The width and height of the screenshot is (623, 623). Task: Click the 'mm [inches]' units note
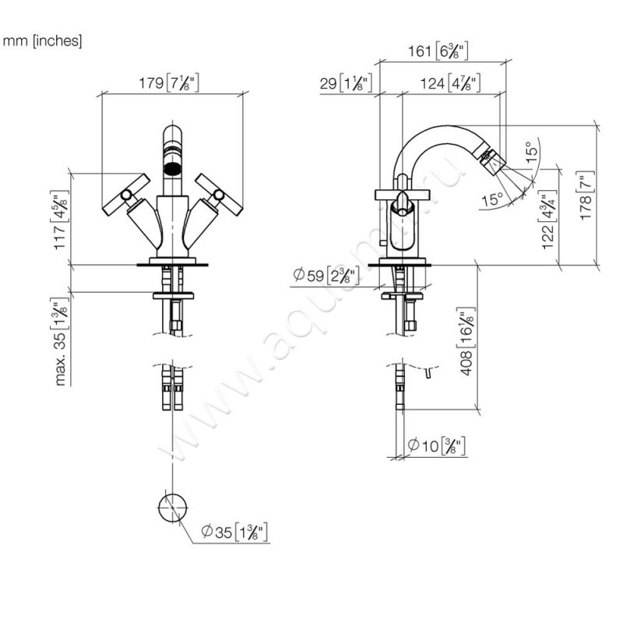tap(43, 40)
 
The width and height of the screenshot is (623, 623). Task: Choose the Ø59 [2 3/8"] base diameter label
tap(325, 274)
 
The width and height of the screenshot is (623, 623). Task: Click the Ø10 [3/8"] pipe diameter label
tap(436, 445)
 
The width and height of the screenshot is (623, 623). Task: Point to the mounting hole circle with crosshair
tap(173, 507)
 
